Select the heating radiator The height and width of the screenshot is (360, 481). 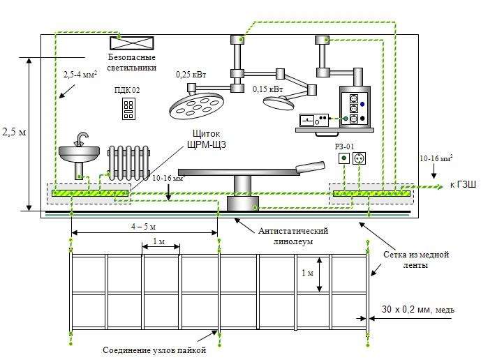point(129,163)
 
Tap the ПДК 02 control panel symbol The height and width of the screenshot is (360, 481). point(128,107)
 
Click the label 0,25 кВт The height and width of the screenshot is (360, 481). point(192,74)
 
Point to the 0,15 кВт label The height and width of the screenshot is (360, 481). point(268,89)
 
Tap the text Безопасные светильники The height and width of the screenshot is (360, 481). point(131,62)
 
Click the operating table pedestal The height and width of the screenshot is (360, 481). point(242,192)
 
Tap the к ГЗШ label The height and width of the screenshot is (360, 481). point(463,185)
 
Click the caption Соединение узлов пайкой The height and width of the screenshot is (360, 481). point(155,350)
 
